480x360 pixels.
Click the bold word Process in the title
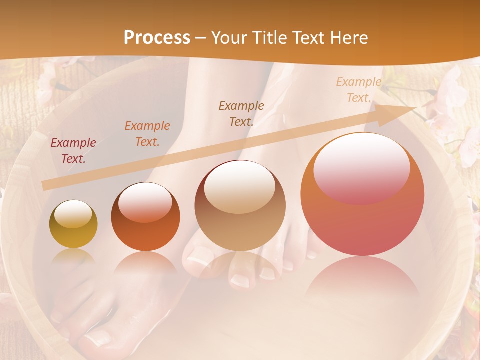[157, 38]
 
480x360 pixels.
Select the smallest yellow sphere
[73, 224]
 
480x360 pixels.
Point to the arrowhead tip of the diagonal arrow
[416, 108]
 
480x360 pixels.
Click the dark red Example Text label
[73, 151]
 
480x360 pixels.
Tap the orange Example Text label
[147, 134]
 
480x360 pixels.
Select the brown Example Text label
[241, 113]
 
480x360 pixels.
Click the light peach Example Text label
[359, 90]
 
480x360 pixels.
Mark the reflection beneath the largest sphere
[362, 280]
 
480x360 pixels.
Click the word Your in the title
[229, 38]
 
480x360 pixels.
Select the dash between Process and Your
[201, 38]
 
